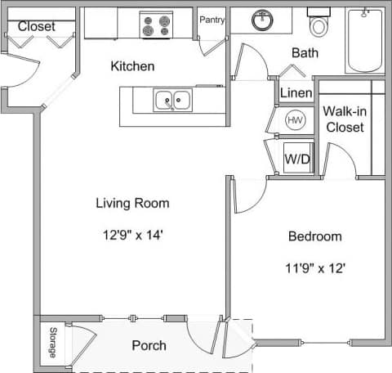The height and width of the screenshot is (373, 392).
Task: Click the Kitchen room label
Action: click(132, 66)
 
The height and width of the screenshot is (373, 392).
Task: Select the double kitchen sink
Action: click(172, 101)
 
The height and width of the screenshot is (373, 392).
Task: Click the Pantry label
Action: click(212, 20)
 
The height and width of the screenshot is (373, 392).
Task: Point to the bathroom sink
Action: click(262, 20)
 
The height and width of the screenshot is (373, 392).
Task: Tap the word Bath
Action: click(305, 53)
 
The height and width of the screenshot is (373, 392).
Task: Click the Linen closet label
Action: click(296, 93)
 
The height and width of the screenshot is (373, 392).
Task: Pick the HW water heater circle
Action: click(295, 121)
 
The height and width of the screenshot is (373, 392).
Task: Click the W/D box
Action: click(296, 159)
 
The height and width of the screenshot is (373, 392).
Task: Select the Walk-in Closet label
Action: click(343, 119)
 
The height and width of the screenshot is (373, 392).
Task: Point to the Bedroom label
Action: click(314, 236)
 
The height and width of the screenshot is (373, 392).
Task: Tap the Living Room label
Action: click(132, 203)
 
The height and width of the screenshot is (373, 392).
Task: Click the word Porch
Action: click(149, 345)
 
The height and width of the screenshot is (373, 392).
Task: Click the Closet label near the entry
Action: click(36, 26)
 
